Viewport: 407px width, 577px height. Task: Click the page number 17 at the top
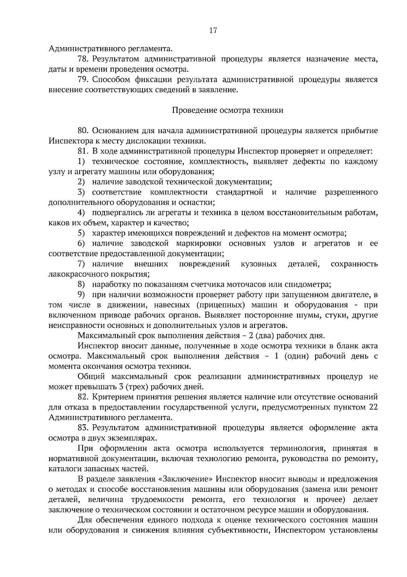click(213, 31)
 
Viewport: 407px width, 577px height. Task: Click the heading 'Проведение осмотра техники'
click(228, 110)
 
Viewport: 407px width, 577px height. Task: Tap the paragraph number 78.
click(83, 59)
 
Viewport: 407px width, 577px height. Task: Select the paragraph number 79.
click(83, 80)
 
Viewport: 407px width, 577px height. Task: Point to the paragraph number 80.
click(83, 131)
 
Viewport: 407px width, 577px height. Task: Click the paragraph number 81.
click(83, 151)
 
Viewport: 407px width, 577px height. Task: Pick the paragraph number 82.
click(83, 397)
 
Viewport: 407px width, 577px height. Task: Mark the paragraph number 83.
click(83, 428)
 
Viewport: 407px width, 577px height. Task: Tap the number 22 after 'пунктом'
click(373, 407)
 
